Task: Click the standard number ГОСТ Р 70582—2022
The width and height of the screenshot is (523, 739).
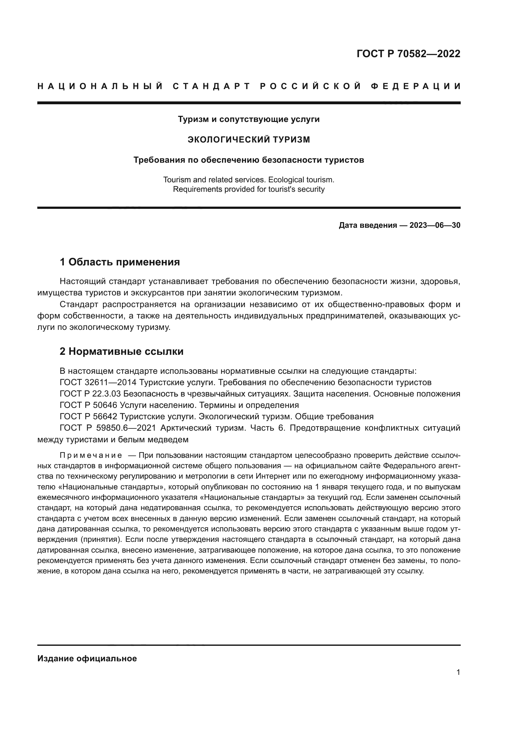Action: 408,53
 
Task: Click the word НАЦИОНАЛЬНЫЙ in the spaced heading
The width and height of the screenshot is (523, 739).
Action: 100,86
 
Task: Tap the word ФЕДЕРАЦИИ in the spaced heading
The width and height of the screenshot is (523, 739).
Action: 416,86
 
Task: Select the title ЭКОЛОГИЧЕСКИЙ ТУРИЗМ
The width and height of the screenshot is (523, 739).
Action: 249,139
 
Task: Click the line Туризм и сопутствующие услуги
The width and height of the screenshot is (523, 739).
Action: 249,119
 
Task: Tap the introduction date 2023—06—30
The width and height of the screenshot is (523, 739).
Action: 435,225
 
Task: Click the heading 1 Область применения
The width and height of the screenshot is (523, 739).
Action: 120,262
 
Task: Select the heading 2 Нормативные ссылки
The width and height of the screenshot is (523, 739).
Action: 121,351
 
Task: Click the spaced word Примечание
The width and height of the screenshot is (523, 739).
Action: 91,456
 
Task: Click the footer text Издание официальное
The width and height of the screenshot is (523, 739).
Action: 87,658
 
